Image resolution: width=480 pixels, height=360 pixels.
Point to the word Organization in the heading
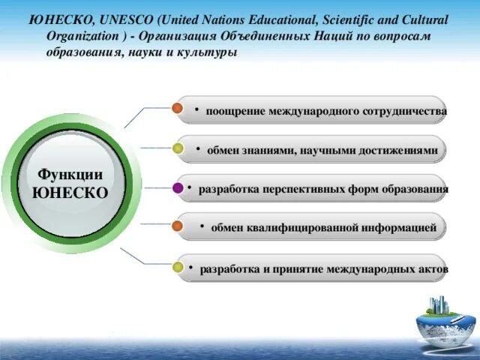point(77,36)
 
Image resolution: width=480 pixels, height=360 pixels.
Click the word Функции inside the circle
point(70,175)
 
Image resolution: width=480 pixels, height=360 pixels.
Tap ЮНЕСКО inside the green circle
point(70,193)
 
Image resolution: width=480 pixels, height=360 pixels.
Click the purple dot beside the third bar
point(178,188)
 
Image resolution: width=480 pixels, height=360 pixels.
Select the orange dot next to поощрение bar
point(178,109)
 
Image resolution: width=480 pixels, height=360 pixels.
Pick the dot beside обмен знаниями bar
point(178,148)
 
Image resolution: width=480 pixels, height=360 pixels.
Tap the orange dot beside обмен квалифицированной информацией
point(178,226)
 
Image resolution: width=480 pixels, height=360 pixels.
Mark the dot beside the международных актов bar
point(178,266)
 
